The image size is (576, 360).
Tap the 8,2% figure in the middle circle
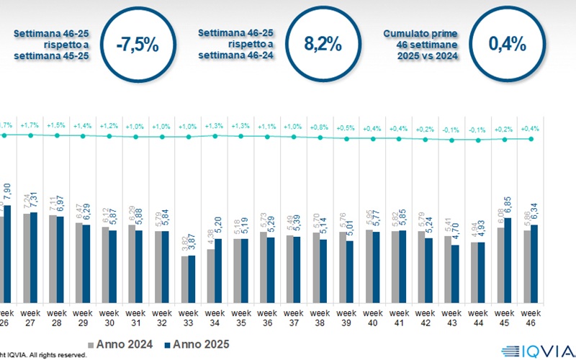(x=323, y=44)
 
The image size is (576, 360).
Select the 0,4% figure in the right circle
(x=507, y=44)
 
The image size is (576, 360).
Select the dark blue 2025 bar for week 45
(x=508, y=260)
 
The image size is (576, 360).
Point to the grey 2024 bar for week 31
(x=131, y=263)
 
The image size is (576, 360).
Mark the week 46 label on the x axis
(x=531, y=318)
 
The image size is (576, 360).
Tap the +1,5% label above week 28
(x=56, y=125)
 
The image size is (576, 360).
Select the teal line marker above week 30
(x=109, y=136)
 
